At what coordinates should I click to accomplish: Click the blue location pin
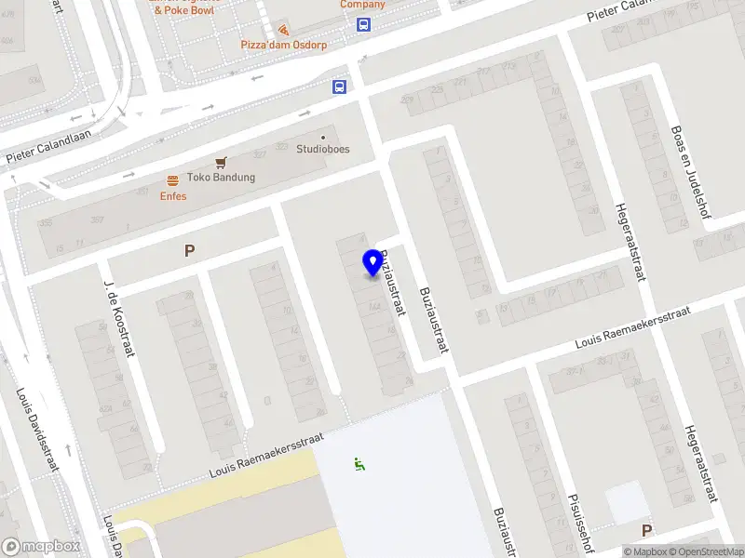coord(373,262)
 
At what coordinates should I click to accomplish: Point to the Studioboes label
coord(323,149)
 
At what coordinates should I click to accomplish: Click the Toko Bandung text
coord(221,178)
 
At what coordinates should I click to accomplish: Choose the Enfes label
coord(173,196)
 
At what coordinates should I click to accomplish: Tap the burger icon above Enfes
coord(172,180)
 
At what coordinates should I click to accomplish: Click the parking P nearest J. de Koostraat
coord(190,250)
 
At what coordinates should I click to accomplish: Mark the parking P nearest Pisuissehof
coord(646,530)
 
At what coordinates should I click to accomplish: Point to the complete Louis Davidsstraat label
coord(37,430)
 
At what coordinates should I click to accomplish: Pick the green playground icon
coord(359,463)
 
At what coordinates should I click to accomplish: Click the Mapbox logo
coord(41,547)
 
